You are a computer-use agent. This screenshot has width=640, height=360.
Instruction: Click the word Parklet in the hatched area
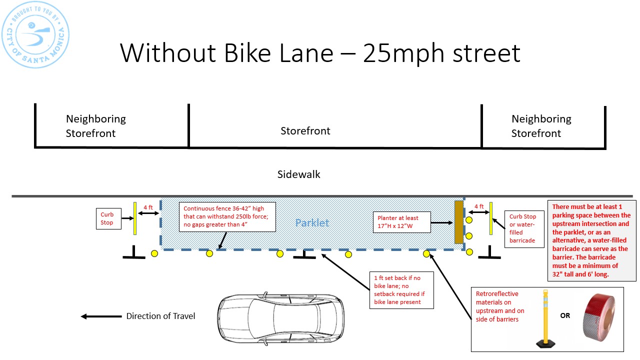coord(312,223)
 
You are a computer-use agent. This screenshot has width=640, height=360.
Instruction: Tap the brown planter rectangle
coord(458,222)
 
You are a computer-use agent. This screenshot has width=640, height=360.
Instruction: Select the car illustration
coord(280,316)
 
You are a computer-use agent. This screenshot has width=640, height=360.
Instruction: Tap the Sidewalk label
coord(299,174)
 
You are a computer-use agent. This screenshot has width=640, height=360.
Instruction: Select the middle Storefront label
coord(305,131)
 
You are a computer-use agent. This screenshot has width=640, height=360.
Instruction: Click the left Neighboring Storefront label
coord(95,126)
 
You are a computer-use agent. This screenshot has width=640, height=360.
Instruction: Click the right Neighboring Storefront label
coord(541,126)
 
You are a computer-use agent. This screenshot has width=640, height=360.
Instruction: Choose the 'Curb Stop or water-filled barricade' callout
coord(522,228)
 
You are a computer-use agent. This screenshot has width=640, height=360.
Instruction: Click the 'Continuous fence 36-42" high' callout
coord(227,216)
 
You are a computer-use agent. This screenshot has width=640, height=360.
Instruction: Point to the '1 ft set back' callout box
coord(401,290)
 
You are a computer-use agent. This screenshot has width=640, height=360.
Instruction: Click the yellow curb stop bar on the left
coord(135,218)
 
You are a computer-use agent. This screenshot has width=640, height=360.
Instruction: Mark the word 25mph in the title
coord(404,52)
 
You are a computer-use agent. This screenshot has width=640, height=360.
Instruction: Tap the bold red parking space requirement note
coord(591,240)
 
